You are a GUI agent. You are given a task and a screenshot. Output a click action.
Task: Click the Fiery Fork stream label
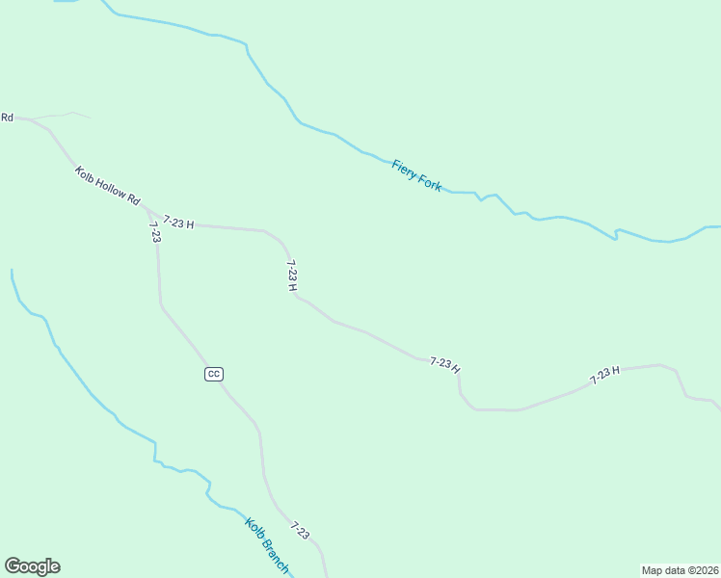[x=416, y=175]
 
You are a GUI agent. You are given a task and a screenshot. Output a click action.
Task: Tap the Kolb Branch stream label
[x=267, y=545]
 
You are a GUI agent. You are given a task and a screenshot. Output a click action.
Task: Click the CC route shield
[x=214, y=374]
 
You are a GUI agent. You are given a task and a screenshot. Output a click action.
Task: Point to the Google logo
[x=32, y=566]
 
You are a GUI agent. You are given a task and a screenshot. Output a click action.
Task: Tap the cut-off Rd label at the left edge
[x=7, y=118]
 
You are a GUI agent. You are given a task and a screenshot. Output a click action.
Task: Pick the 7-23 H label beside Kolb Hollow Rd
[x=178, y=223]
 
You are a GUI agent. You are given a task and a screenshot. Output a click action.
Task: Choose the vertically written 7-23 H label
[x=292, y=275]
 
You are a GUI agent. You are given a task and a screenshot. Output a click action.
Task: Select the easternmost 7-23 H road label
[x=604, y=375]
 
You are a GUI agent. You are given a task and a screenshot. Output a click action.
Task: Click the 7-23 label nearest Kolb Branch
[x=300, y=531]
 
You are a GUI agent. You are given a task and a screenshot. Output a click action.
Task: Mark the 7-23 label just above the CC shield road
[x=154, y=231]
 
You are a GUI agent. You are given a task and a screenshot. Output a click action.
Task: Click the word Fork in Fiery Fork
[x=430, y=182]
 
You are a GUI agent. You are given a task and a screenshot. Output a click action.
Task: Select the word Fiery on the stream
[x=404, y=168]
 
